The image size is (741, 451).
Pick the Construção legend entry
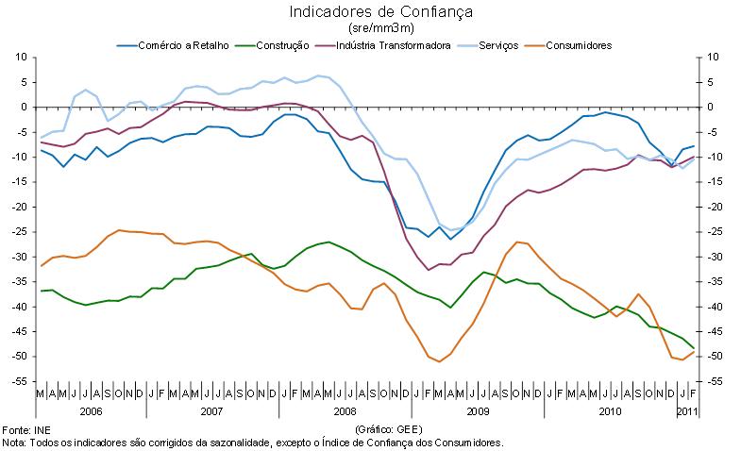point(283,45)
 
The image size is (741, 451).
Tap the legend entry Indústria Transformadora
point(395,45)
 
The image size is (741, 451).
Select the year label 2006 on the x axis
point(91,411)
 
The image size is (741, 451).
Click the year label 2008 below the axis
point(345,411)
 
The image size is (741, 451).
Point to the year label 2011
point(687,411)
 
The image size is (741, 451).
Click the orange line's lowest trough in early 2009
point(440,361)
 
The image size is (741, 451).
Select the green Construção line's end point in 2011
point(694,348)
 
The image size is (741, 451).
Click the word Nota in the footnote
point(13,442)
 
